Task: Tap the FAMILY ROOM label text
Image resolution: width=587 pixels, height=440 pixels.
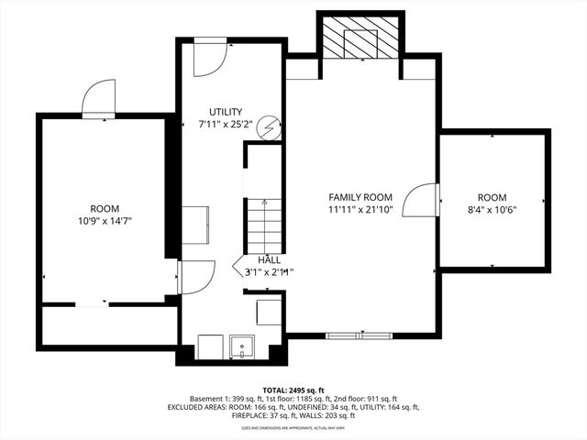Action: pos(361,197)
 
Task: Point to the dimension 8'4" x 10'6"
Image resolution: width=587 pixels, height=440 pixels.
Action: pos(491,210)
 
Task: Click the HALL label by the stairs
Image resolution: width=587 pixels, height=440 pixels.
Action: pos(269,260)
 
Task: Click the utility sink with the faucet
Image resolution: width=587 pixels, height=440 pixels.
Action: pos(242,347)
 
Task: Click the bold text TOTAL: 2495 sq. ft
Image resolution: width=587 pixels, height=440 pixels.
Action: pos(293,390)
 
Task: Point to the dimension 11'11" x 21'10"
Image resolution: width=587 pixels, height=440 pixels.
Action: pos(361,210)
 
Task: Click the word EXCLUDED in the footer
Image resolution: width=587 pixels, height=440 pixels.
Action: pos(189,407)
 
